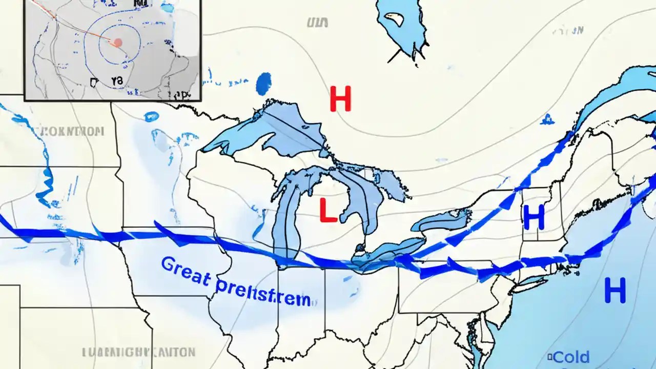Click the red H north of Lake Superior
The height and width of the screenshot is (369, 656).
(x=340, y=99)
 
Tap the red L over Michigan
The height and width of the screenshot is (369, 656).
(x=328, y=210)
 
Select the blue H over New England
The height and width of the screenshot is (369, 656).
(x=534, y=217)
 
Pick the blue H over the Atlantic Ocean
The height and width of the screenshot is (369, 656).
(x=614, y=290)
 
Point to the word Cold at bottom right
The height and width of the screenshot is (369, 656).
(x=571, y=357)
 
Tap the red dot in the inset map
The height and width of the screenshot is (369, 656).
(x=117, y=43)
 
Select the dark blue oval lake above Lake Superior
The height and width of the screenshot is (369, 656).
(x=263, y=84)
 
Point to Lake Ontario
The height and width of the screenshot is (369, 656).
(x=441, y=220)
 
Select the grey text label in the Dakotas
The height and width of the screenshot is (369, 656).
(x=72, y=131)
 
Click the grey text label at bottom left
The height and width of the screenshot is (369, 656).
(x=138, y=353)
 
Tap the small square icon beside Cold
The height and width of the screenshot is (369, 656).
(x=550, y=356)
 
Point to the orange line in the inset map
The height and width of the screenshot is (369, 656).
(x=77, y=26)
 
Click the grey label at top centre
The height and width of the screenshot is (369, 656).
(x=317, y=22)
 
